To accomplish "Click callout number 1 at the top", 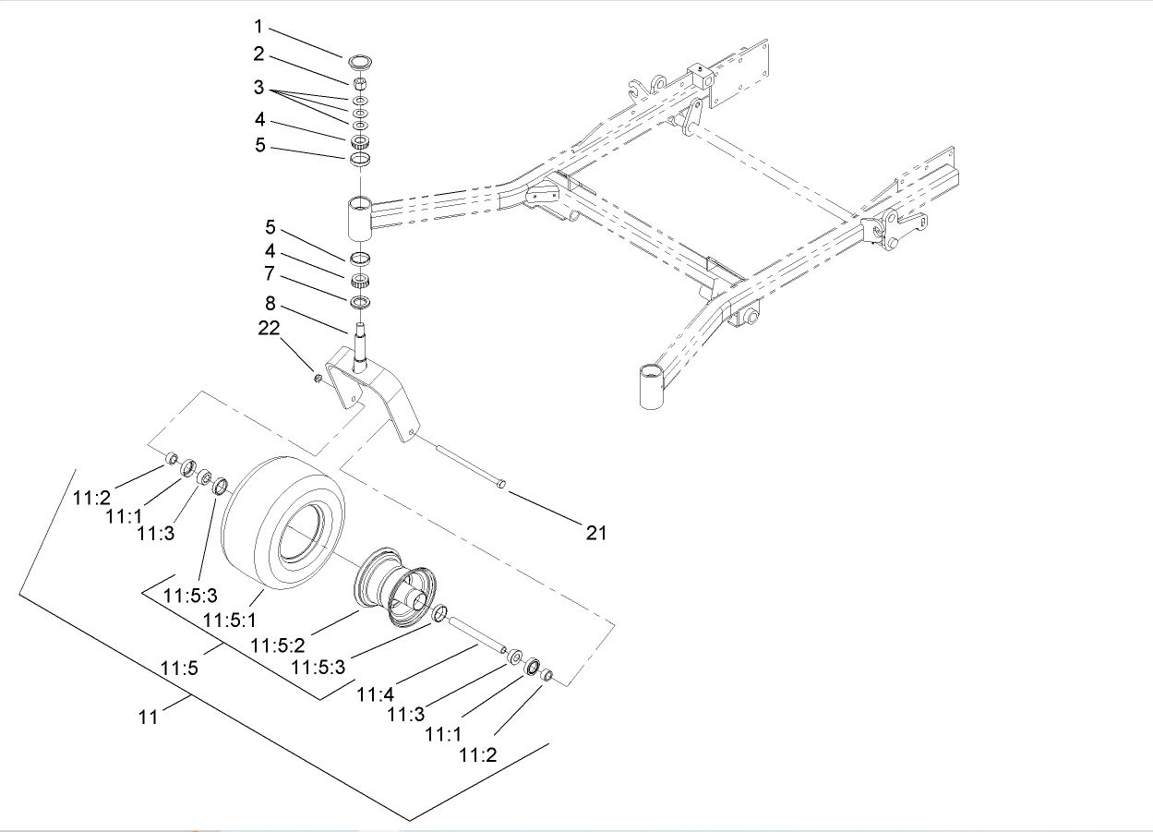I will [x=258, y=27].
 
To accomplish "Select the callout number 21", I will [x=596, y=532].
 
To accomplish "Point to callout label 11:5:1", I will [x=231, y=619].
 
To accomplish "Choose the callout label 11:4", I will [x=376, y=691].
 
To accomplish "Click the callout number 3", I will [x=259, y=89].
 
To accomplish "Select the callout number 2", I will [x=259, y=54].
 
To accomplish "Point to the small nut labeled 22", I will [x=318, y=378].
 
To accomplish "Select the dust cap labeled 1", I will [x=360, y=63].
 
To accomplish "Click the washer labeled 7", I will [x=360, y=302].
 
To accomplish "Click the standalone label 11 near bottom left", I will [x=149, y=716].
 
